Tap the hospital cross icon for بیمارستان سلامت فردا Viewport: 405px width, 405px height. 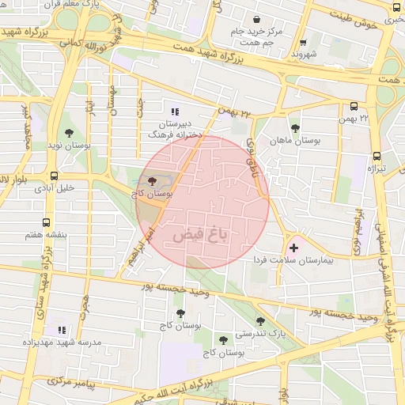coord(294,248)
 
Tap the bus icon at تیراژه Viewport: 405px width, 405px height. coord(376,156)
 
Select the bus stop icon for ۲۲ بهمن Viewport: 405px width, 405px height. coord(353,105)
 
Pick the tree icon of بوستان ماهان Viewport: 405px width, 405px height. coord(295,127)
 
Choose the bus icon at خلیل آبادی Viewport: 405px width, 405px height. coord(53,176)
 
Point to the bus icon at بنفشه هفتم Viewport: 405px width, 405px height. coord(47,222)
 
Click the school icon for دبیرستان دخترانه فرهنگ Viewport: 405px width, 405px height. coord(175,112)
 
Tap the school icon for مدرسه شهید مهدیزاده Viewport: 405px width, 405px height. coord(61,330)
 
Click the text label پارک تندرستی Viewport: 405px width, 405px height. coord(265,335)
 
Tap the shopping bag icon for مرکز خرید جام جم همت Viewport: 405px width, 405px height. coord(255,19)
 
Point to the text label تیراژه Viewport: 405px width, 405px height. coord(376,169)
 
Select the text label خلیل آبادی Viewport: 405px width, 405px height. coord(55,188)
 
